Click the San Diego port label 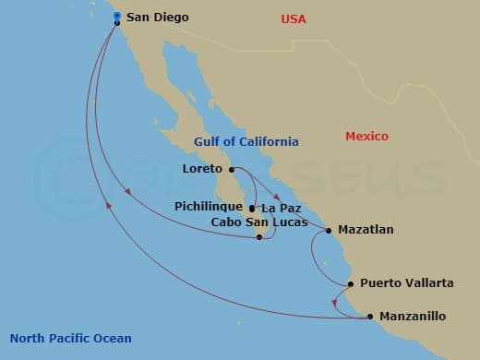(x=158, y=17)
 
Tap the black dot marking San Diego (x=117, y=23)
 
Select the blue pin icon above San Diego (x=117, y=16)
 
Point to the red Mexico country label (x=366, y=136)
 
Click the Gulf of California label (x=246, y=141)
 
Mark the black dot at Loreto (x=231, y=169)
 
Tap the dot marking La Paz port (x=252, y=208)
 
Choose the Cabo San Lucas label (x=246, y=222)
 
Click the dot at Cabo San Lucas (x=260, y=237)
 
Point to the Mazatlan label (x=366, y=229)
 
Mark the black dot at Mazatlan (x=329, y=230)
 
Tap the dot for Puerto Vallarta (x=351, y=284)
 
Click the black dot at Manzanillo (x=370, y=317)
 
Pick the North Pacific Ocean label (x=70, y=338)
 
